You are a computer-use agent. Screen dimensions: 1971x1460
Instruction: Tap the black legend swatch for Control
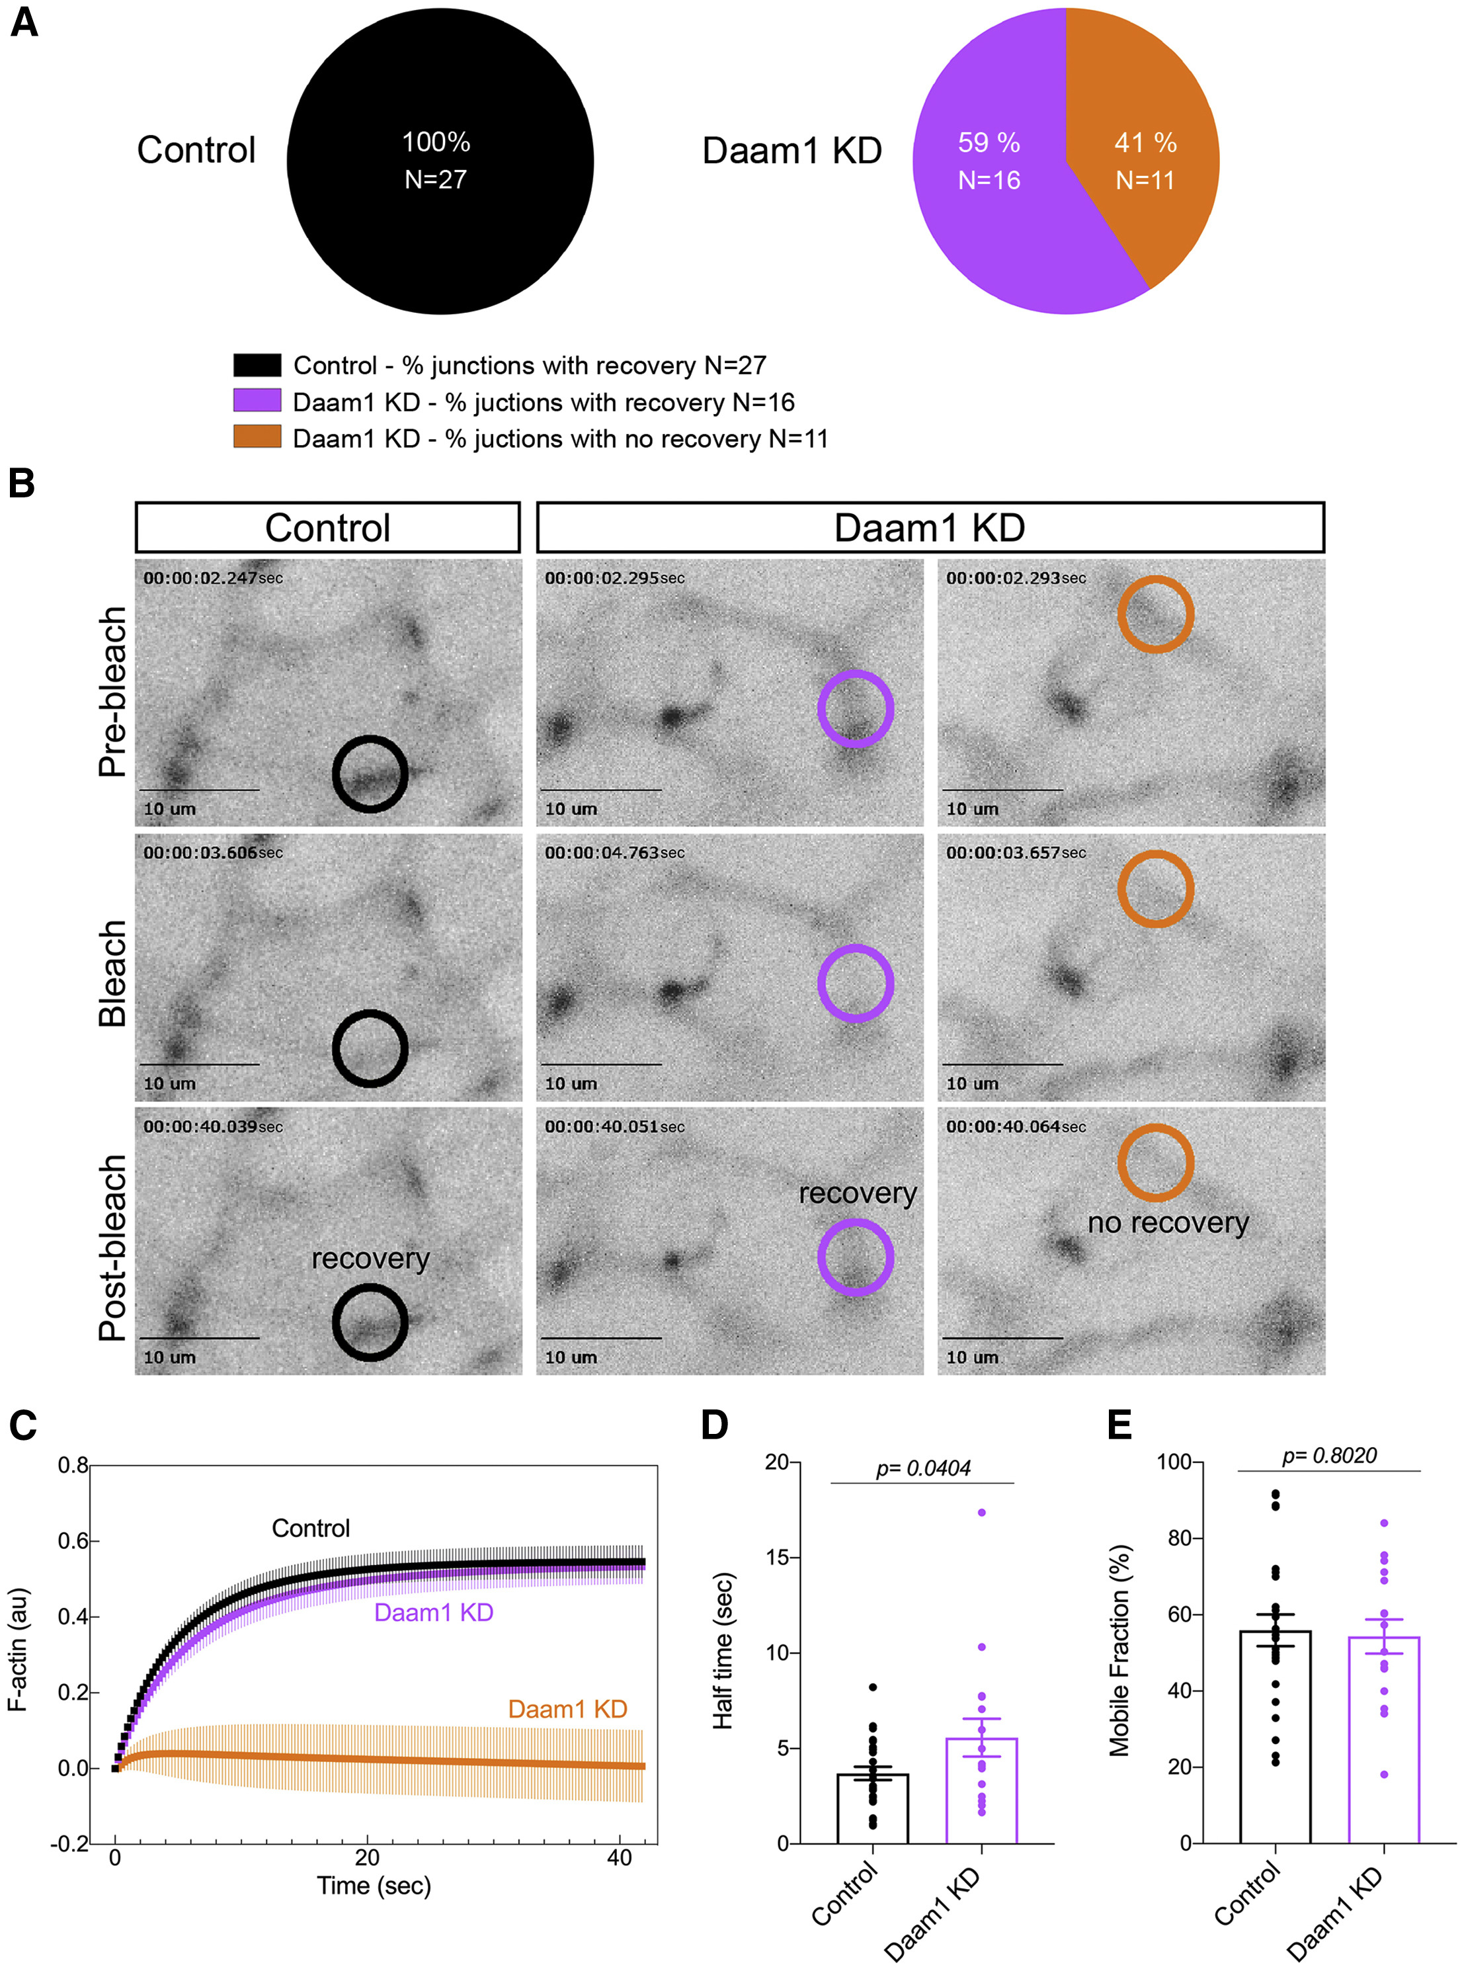(x=257, y=365)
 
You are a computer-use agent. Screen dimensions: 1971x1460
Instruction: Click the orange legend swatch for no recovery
(x=257, y=437)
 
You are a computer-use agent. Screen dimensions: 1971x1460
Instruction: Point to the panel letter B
(x=21, y=483)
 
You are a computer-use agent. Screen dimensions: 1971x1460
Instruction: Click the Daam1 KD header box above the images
(x=930, y=528)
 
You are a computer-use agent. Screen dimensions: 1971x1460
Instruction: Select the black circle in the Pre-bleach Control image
(x=370, y=773)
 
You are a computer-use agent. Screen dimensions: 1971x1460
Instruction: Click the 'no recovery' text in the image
(x=1168, y=1222)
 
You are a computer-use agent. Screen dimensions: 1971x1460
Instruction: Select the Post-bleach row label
(x=113, y=1248)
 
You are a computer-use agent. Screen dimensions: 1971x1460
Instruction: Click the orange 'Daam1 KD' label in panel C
(x=567, y=1708)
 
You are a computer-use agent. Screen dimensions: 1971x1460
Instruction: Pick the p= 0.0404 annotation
(x=922, y=1468)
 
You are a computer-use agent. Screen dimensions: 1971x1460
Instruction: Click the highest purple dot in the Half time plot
(x=982, y=1512)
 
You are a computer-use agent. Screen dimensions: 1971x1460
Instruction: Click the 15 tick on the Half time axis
(x=777, y=1558)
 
